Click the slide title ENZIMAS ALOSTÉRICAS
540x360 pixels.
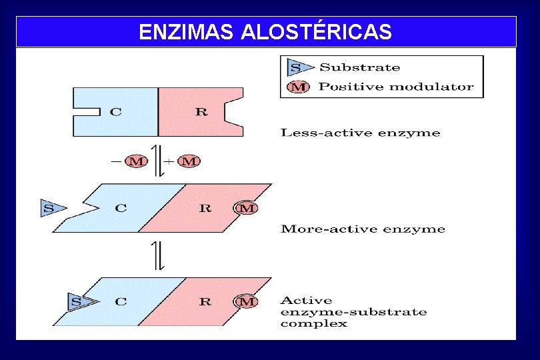(x=265, y=31)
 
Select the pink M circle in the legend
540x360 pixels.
(x=297, y=87)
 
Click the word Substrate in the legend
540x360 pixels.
(x=360, y=67)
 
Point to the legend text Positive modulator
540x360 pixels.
(x=396, y=87)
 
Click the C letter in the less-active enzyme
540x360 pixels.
(x=116, y=112)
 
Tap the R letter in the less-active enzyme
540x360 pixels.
(x=201, y=112)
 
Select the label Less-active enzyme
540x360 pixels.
(x=360, y=133)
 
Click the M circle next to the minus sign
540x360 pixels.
(x=136, y=161)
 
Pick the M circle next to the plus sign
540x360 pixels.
(x=189, y=161)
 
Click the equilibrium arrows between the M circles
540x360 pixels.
(x=157, y=161)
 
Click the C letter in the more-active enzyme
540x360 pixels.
(x=121, y=208)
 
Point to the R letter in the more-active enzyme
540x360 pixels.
(x=205, y=208)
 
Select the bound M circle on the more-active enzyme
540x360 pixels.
(x=247, y=208)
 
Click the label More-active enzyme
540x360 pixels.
(x=363, y=229)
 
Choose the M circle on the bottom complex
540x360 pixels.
(x=247, y=302)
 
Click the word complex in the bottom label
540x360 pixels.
(x=313, y=324)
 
